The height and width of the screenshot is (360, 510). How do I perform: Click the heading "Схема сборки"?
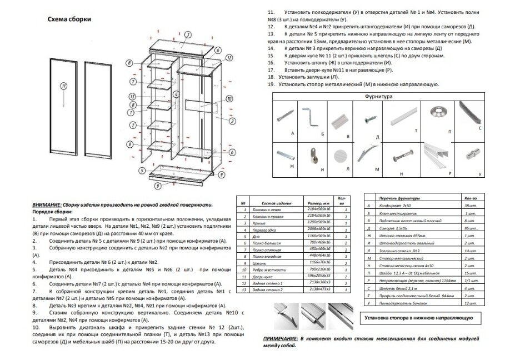69,18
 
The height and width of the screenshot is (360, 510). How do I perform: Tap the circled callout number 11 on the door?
64,86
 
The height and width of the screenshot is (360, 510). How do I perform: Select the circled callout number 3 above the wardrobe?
188,34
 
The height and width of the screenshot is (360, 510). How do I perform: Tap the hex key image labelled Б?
309,118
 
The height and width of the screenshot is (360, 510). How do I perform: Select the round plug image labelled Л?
340,154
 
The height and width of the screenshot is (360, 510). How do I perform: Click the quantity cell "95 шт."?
469,228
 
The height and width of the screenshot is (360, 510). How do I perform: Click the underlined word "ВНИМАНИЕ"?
46,204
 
